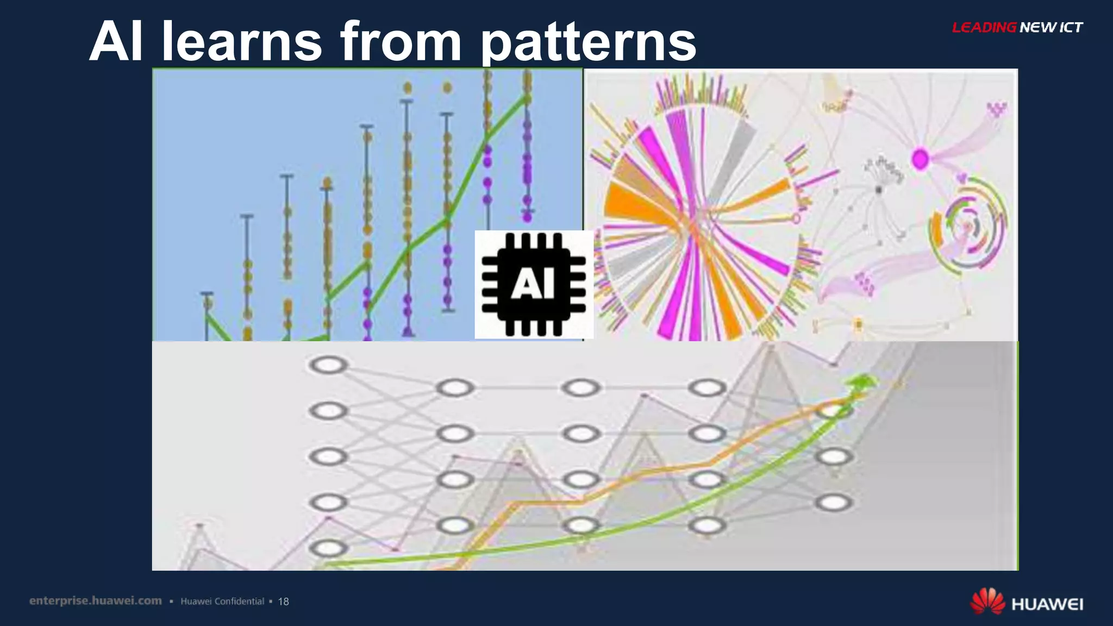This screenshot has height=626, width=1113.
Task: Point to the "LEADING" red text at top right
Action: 984,27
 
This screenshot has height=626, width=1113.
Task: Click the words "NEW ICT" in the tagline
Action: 1051,27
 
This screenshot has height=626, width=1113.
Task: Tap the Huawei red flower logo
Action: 987,601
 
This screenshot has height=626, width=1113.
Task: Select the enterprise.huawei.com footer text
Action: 96,600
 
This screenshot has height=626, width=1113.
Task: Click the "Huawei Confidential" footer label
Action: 222,601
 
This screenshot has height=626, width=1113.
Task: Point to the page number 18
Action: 283,602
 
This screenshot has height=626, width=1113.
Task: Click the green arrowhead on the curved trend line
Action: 861,382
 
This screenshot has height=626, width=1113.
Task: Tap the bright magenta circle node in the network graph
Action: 920,159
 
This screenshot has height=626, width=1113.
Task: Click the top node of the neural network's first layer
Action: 328,365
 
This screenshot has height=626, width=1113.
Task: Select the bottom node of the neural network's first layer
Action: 328,548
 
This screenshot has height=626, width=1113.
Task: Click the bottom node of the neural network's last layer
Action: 834,503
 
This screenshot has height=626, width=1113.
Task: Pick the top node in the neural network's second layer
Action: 455,388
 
